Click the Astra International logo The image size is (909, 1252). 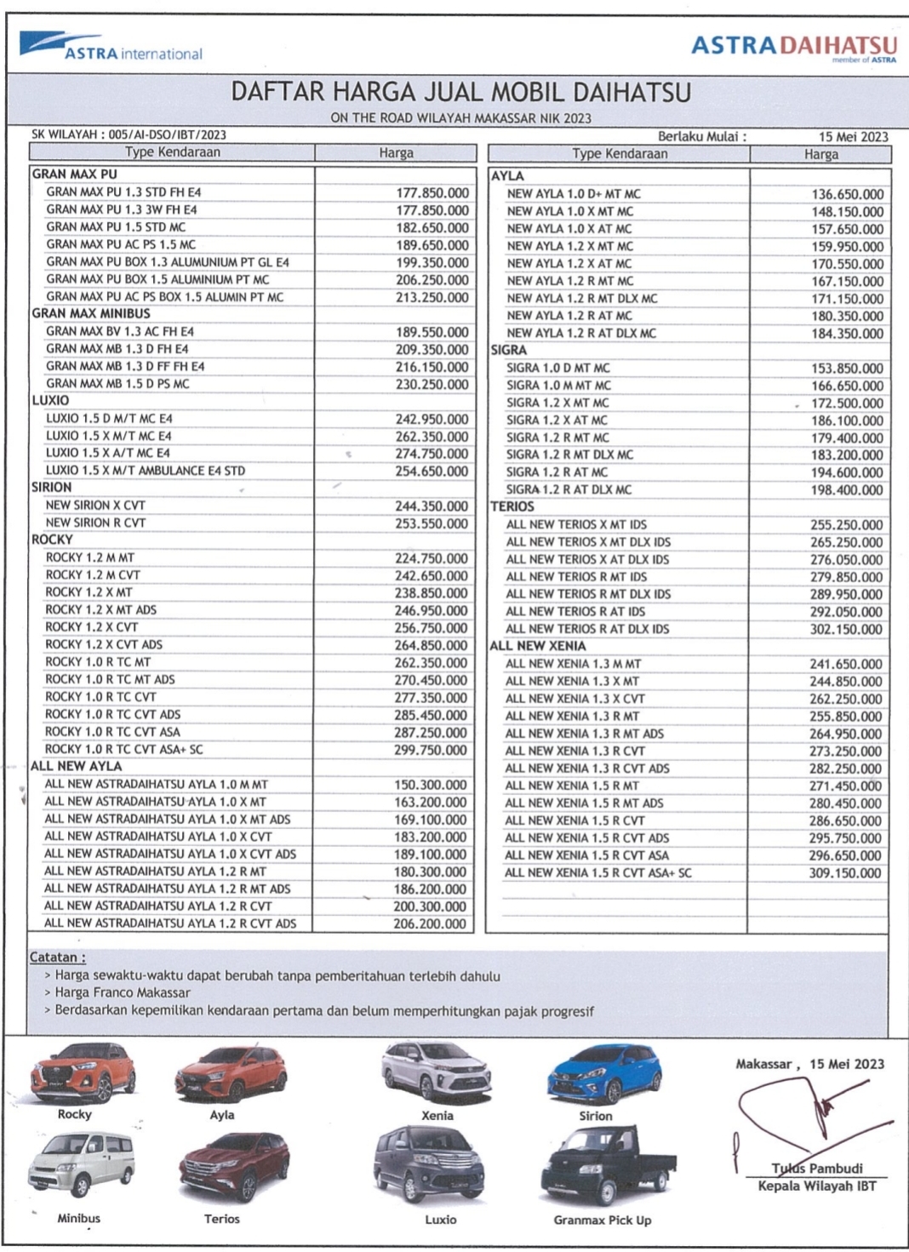click(x=111, y=48)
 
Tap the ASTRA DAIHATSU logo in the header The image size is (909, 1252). click(x=793, y=46)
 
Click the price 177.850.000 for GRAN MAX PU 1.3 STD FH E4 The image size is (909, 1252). click(x=432, y=193)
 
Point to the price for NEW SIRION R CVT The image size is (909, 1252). click(x=432, y=523)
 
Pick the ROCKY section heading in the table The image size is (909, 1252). click(x=52, y=540)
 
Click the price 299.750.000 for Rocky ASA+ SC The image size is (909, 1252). click(x=431, y=750)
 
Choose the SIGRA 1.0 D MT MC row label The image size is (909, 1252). click(x=557, y=368)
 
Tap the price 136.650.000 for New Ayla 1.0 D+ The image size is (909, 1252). click(x=847, y=194)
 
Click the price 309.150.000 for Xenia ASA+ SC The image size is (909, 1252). click(x=844, y=873)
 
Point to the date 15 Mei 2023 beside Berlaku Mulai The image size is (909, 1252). click(x=853, y=136)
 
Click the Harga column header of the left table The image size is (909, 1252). click(x=396, y=153)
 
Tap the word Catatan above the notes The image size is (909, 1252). click(x=57, y=958)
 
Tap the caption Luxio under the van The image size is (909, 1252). click(x=440, y=1220)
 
